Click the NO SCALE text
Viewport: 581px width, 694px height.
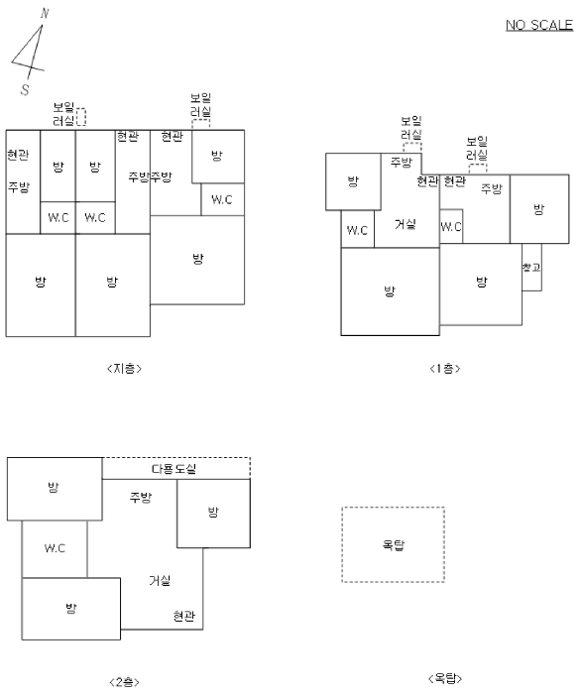pos(539,25)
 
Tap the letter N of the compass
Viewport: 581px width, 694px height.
pos(45,14)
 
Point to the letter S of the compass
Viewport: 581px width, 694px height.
pos(25,90)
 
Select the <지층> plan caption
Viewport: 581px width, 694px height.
pos(124,368)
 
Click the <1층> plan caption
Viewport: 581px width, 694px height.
pos(445,368)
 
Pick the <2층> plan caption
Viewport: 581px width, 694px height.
pos(124,682)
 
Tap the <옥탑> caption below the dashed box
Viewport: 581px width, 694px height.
pos(445,678)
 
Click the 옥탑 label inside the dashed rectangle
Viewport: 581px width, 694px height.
pos(394,544)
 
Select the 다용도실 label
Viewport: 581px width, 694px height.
pos(174,469)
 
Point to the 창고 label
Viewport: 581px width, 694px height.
pos(531,268)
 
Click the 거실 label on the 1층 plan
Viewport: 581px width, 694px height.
pos(406,224)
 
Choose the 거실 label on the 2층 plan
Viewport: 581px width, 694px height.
pos(160,580)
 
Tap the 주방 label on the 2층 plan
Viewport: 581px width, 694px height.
pos(141,498)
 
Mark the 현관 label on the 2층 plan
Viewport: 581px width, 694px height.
pos(184,616)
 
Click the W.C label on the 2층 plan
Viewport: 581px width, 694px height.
pos(55,548)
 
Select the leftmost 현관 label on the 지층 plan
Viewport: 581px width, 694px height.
pos(18,155)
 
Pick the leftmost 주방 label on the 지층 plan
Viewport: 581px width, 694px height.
pos(19,187)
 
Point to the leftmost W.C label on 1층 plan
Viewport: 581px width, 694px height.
pos(357,230)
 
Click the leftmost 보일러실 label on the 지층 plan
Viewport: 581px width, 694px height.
pos(63,114)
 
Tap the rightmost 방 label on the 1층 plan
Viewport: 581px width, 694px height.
pos(538,209)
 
